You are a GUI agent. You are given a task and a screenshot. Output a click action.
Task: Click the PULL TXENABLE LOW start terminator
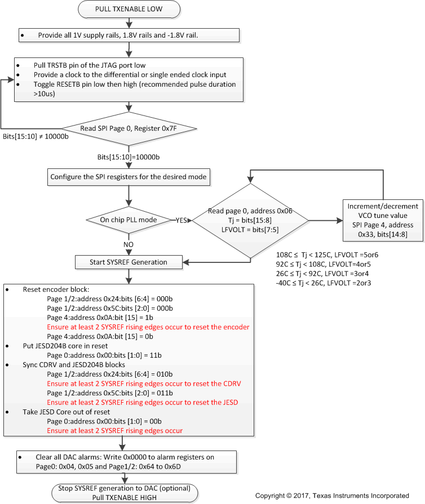130,9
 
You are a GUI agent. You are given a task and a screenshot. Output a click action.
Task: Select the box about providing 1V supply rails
130,35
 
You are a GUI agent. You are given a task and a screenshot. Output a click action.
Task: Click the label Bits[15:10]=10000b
127,156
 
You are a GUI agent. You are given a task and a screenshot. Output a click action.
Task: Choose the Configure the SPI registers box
129,177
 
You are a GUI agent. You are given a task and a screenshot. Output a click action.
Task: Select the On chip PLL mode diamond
129,219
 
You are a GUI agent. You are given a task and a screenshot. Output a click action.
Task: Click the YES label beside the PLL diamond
182,220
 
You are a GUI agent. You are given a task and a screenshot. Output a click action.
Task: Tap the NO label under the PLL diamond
129,245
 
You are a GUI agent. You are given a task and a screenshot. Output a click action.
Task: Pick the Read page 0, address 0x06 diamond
249,221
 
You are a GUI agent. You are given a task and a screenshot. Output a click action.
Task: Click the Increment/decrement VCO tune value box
384,220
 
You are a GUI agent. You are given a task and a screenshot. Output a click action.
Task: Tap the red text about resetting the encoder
148,327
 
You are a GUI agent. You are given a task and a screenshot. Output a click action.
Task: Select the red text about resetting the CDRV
144,383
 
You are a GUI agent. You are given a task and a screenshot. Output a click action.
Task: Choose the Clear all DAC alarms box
130,461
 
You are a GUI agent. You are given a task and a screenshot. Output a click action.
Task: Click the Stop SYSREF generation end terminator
130,492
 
